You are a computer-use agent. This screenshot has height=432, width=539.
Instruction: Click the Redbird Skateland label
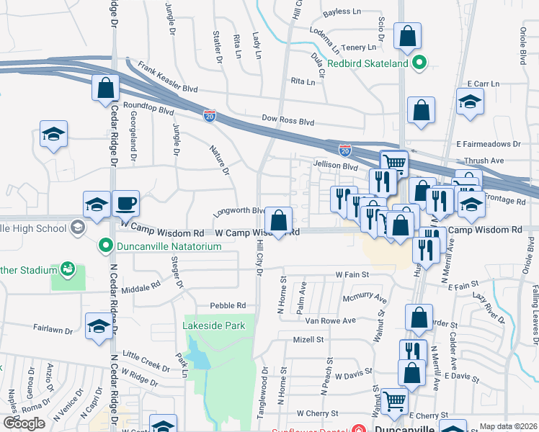(x=367, y=63)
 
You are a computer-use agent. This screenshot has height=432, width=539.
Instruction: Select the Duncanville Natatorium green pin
(x=106, y=246)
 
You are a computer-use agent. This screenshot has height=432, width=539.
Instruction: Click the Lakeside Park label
(x=215, y=325)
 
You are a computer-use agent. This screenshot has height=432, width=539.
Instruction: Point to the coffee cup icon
(x=126, y=204)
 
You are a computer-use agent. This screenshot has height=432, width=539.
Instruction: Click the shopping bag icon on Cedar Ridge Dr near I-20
(x=106, y=88)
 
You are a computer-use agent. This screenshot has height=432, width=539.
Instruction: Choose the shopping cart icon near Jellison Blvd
(x=393, y=163)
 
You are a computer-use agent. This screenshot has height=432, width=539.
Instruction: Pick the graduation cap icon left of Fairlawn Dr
(x=99, y=325)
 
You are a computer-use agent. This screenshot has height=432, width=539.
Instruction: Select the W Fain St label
(x=352, y=275)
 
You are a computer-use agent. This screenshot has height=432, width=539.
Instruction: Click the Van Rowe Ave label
(x=331, y=320)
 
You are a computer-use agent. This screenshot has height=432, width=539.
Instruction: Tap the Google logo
(x=24, y=423)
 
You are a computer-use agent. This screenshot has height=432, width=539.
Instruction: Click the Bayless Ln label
(x=342, y=12)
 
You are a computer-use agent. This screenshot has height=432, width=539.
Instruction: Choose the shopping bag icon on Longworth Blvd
(x=278, y=219)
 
